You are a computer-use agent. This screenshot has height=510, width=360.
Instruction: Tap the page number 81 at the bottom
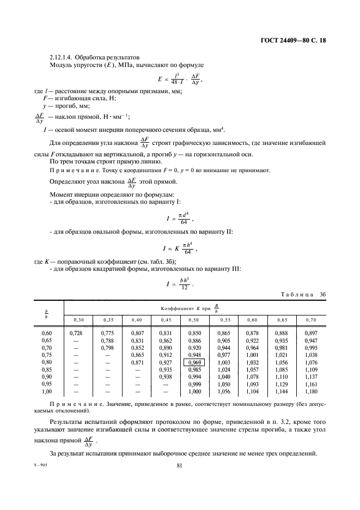click(179, 465)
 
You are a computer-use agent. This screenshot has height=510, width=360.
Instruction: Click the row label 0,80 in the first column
click(48, 362)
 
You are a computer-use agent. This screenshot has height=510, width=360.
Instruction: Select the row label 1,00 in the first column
click(48, 391)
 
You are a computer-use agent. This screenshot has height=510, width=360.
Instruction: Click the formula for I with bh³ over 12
click(179, 283)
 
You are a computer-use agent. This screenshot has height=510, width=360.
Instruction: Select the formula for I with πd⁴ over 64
click(179, 218)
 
